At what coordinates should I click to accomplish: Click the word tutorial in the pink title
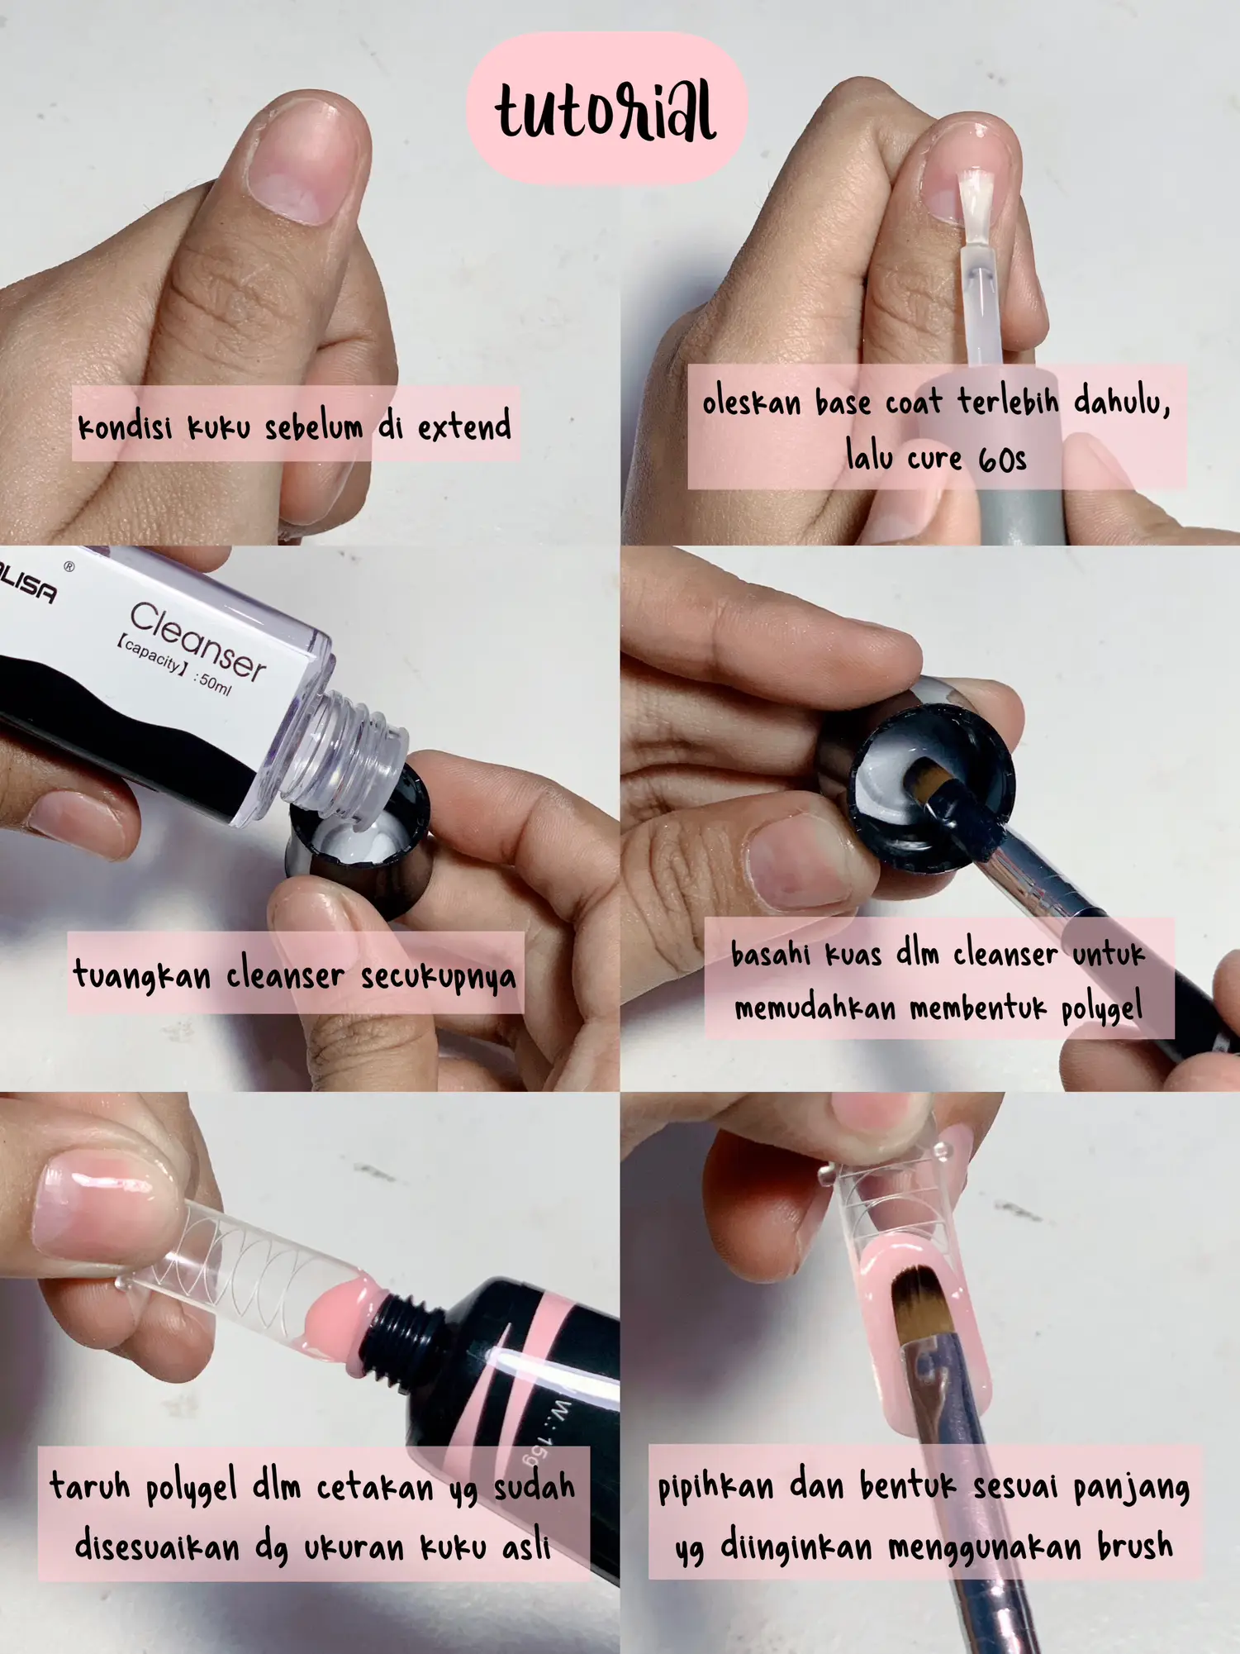(x=606, y=111)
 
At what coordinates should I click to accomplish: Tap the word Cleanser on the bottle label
(x=198, y=641)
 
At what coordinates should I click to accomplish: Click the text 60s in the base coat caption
(x=1002, y=460)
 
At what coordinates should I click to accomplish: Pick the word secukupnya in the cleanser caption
(x=438, y=976)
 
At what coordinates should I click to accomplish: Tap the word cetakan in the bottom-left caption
(x=375, y=1488)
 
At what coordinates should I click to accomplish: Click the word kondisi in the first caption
(x=125, y=428)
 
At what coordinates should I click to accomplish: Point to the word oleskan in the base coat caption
(x=752, y=403)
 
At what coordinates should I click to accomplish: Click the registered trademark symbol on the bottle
(x=69, y=567)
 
